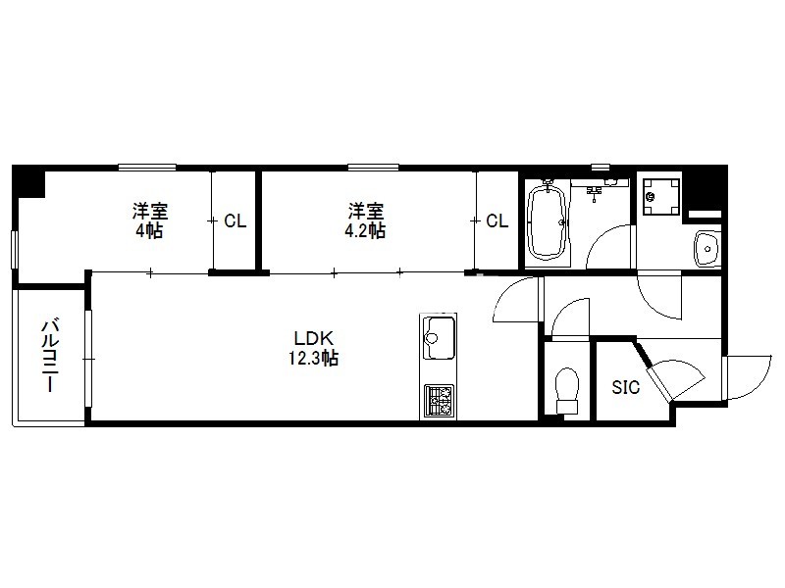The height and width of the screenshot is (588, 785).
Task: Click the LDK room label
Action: pos(313,338)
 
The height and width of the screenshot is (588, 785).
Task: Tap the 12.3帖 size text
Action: pos(313,358)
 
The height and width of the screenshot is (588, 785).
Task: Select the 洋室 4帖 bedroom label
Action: pos(150,220)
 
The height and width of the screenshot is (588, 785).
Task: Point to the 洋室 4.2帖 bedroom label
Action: pos(366,220)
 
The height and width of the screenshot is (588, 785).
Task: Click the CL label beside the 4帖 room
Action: pos(235,220)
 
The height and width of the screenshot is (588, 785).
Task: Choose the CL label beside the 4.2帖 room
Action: pos(497,220)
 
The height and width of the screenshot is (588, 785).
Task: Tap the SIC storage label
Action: pos(626,387)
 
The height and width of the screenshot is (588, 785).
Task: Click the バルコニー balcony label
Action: pos(50,356)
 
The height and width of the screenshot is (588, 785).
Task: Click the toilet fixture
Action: pos(567,390)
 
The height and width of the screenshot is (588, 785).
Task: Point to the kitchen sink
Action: pos(439,338)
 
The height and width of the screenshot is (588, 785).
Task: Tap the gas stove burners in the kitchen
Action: pos(439,401)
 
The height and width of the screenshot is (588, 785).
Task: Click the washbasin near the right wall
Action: pos(706,249)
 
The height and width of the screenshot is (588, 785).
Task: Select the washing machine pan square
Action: pos(661,197)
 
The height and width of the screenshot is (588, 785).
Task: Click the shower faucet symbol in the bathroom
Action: pos(595,191)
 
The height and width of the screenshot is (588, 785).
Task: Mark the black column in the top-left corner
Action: pos(28,181)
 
